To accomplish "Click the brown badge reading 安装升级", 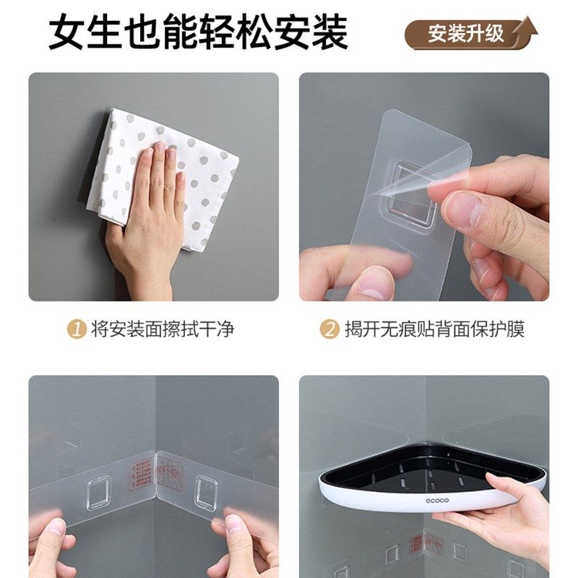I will point(470,34).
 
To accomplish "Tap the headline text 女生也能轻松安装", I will point(199,33).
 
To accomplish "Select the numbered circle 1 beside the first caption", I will point(77,329).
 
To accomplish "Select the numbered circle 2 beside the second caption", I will point(330,329).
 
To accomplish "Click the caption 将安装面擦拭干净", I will point(163,329).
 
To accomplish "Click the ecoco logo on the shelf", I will point(418,497).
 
